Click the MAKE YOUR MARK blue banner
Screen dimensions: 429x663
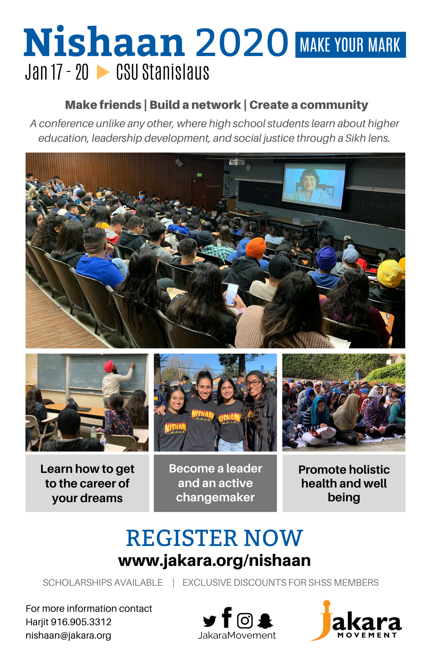(350, 45)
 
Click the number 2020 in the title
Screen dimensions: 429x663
(242, 42)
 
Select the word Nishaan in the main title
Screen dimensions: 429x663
(104, 41)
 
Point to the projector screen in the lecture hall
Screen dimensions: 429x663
(314, 186)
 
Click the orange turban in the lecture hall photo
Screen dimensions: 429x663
(256, 247)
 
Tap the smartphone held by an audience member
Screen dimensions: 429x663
(232, 294)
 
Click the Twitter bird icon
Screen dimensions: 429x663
(210, 621)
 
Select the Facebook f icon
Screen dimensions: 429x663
(227, 617)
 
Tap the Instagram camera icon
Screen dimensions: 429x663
(245, 620)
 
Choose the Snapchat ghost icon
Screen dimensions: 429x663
(265, 621)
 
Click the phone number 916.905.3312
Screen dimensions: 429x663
(81, 622)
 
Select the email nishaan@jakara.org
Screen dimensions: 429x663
(68, 635)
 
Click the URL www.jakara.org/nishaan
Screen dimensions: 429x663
(214, 561)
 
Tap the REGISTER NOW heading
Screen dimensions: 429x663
(214, 538)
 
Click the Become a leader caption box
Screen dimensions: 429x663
(215, 483)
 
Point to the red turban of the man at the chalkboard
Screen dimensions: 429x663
(108, 366)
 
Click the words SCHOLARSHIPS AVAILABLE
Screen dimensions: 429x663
(103, 583)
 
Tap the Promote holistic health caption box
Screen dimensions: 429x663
(344, 483)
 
